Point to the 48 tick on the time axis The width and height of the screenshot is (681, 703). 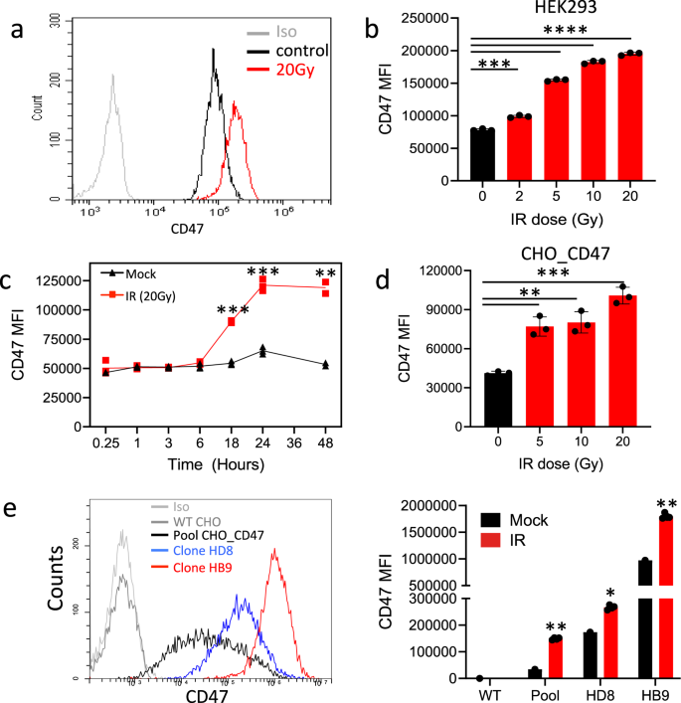(x=324, y=440)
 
